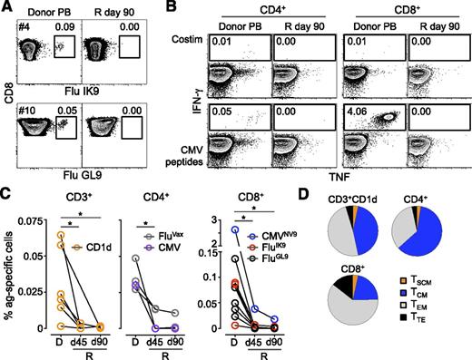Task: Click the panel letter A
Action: tap(7, 7)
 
